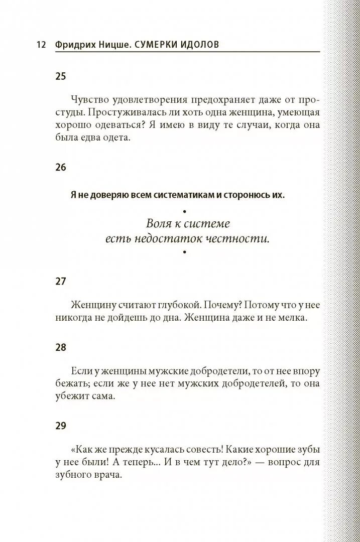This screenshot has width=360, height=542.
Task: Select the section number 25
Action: point(61,77)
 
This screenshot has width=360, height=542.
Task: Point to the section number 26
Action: point(61,167)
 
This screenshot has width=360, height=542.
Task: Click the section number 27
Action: point(61,281)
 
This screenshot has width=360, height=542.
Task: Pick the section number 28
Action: point(61,347)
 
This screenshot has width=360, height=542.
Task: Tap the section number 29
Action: point(61,426)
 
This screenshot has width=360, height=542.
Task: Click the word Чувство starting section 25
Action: point(89,99)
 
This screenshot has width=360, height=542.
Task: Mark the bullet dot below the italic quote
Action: point(185,252)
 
